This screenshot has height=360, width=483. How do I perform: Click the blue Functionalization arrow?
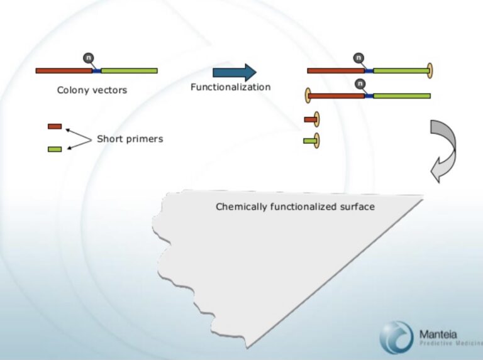(235, 73)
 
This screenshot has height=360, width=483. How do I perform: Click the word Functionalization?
(231, 87)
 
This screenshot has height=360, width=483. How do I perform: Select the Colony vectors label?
(92, 90)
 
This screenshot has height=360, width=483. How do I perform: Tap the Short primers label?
(130, 139)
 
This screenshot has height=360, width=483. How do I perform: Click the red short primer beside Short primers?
(55, 126)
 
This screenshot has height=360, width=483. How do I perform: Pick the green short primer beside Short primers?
(55, 150)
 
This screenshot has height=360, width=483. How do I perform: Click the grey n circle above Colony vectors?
(89, 58)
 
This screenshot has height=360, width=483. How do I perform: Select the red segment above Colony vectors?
(64, 71)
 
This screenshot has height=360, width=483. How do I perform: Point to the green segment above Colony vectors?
(130, 71)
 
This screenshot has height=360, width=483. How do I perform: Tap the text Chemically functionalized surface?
(295, 207)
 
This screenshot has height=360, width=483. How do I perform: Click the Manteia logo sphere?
(396, 337)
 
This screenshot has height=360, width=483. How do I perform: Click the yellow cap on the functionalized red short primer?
(317, 119)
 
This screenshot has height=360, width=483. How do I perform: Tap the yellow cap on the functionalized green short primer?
(317, 141)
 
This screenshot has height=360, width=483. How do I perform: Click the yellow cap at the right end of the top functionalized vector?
(430, 71)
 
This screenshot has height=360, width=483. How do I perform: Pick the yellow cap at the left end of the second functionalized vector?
(308, 95)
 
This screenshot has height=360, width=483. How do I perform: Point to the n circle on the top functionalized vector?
(358, 58)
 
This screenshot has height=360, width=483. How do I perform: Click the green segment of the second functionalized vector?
(402, 96)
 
